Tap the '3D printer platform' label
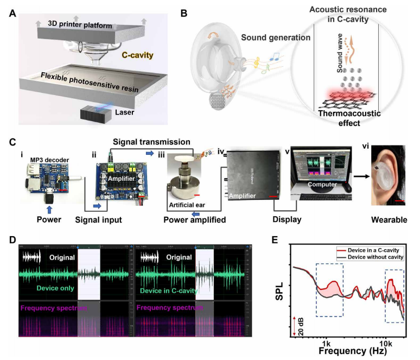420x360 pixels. [x=81, y=26]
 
